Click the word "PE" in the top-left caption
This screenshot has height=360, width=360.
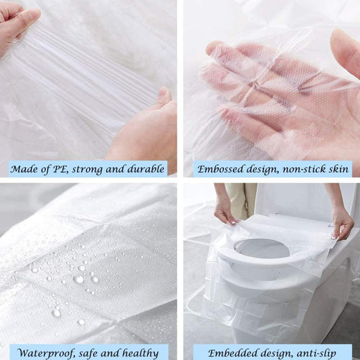(x=62, y=168)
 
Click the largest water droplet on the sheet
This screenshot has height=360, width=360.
(x=79, y=279)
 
